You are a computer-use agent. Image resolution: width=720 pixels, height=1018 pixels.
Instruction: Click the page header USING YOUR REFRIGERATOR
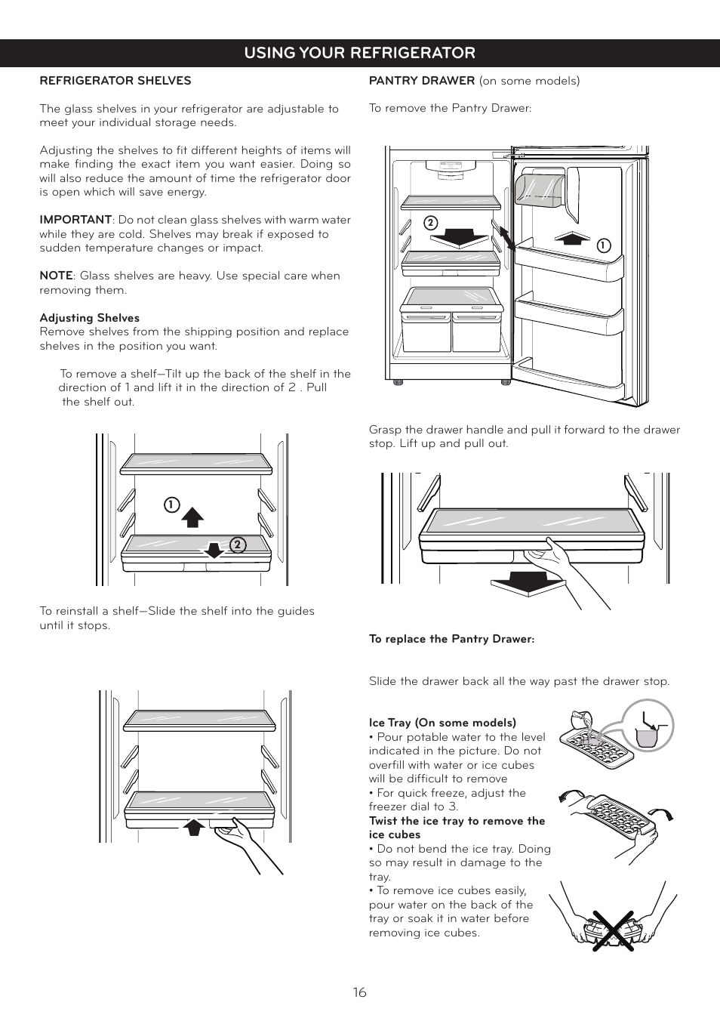359,53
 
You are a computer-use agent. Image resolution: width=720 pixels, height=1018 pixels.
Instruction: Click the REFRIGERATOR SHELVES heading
115,81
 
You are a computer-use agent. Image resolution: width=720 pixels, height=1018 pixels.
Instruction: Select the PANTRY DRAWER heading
422,81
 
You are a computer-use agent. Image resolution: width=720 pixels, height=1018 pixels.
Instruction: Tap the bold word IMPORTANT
75,220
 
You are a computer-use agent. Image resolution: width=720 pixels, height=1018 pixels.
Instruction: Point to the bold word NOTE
56,276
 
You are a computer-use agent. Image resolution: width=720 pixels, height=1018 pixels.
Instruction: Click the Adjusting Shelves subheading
89,318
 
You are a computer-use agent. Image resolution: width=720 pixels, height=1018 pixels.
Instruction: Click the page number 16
359,992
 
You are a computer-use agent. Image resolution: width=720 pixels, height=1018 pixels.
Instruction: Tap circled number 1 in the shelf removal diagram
172,504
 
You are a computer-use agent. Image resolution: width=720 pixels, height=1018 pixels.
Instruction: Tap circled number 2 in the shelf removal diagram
238,544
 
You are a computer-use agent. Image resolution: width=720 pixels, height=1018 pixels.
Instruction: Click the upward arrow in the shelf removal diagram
193,517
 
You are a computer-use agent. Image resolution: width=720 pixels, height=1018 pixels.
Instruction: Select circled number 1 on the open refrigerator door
603,245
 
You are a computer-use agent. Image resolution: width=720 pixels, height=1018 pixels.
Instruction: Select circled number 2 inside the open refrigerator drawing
430,223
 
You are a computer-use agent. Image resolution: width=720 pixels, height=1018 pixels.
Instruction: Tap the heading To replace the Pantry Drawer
451,639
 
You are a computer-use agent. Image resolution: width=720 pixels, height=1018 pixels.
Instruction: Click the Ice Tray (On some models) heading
442,723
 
